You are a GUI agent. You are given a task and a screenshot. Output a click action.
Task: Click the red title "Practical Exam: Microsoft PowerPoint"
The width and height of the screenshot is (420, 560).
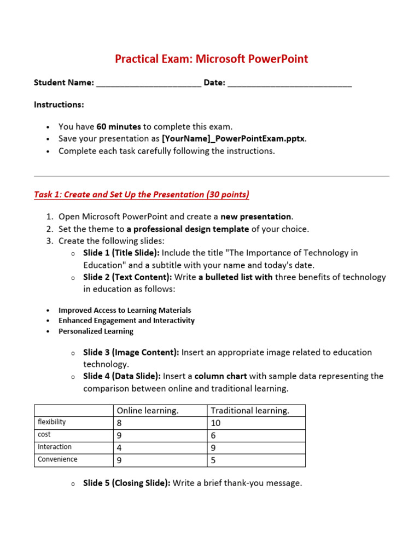tap(211, 59)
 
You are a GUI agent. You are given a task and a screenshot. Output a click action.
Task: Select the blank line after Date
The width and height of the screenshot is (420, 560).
tap(289, 84)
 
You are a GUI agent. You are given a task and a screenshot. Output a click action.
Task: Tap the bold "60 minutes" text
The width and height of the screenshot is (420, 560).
tap(119, 126)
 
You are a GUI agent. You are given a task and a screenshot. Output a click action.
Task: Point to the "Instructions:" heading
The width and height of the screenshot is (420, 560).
tap(59, 104)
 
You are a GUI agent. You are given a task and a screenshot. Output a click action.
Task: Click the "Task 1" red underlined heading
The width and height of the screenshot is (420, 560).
tap(142, 195)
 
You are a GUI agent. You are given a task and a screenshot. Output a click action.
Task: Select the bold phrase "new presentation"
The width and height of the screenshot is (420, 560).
tap(256, 217)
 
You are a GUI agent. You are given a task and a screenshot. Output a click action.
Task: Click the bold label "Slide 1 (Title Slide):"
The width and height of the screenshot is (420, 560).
tap(121, 253)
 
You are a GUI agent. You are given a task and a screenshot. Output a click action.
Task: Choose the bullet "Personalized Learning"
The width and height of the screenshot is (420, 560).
tap(96, 331)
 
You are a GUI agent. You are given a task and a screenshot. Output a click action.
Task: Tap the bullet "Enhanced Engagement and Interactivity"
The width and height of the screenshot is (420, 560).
tap(126, 320)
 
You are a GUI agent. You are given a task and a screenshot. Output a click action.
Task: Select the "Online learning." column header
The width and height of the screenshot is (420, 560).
tap(147, 411)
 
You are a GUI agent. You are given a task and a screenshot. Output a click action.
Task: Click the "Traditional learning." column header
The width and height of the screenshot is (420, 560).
tap(250, 411)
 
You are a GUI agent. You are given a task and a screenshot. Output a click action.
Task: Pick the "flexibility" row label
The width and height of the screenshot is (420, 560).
tap(51, 422)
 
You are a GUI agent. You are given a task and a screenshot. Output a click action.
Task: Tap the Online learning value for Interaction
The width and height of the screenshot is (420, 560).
tap(120, 447)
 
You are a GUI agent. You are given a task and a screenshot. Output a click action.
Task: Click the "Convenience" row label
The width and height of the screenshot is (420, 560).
tap(57, 459)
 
